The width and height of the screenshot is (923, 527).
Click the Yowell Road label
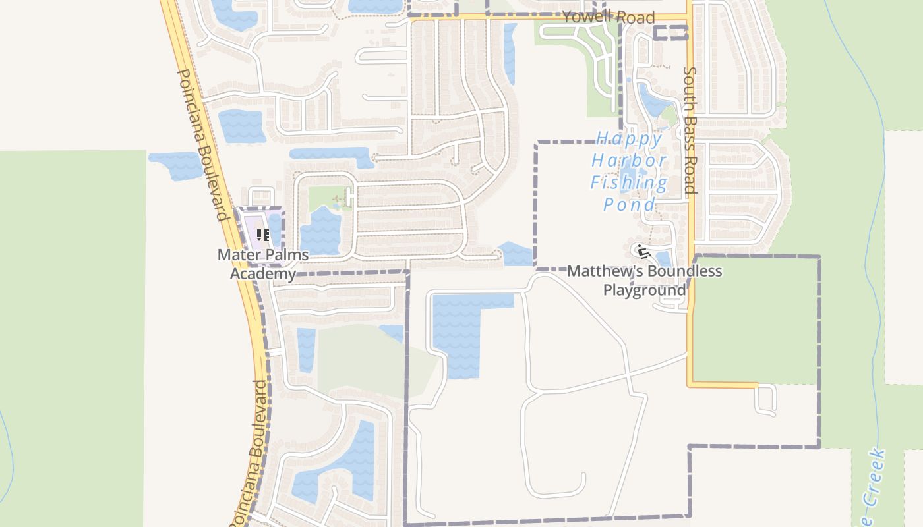pyautogui.click(x=608, y=17)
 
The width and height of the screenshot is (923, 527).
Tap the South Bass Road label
pyautogui.click(x=690, y=130)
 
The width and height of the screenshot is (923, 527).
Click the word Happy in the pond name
pyautogui.click(x=629, y=139)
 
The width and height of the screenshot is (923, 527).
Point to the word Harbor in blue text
pyautogui.click(x=628, y=161)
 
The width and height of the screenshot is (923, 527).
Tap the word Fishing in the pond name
pyautogui.click(x=628, y=182)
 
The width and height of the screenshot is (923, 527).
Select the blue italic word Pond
pyautogui.click(x=629, y=204)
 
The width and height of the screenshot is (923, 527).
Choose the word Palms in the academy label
pyautogui.click(x=287, y=255)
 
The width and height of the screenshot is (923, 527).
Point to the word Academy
pyautogui.click(x=262, y=273)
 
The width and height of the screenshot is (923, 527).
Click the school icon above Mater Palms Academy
pyautogui.click(x=263, y=235)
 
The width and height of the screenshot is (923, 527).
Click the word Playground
pyautogui.click(x=645, y=290)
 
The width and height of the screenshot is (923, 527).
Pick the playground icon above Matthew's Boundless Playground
pyautogui.click(x=641, y=251)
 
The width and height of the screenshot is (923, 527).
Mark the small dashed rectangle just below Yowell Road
pyautogui.click(x=670, y=33)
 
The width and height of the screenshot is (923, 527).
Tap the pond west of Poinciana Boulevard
pyautogui.click(x=175, y=165)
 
